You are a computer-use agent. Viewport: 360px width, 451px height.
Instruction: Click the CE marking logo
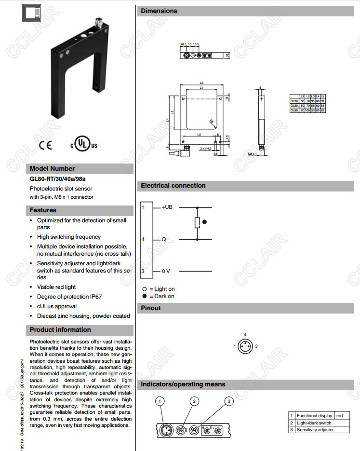[x=45, y=145]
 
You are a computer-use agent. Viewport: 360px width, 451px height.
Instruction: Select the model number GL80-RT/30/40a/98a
[x=58, y=179]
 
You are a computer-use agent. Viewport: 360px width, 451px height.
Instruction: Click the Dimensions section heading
[x=159, y=11]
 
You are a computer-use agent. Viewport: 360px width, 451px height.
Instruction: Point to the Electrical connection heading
[x=173, y=186]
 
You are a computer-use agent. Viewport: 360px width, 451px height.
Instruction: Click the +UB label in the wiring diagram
[x=167, y=207]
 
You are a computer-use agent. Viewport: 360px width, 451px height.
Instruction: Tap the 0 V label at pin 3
[x=166, y=272]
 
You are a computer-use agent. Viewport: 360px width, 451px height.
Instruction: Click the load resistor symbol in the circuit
[x=197, y=222]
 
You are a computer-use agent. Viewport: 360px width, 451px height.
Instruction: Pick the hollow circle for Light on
[x=144, y=289]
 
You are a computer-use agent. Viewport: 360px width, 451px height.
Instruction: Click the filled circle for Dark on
[x=144, y=296]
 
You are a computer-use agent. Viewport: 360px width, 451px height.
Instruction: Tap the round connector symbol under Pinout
[x=245, y=346]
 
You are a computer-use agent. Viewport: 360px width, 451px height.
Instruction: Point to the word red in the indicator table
[x=339, y=416]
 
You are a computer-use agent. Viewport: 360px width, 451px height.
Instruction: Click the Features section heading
[x=43, y=210]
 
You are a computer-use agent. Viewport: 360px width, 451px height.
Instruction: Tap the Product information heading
[x=60, y=330]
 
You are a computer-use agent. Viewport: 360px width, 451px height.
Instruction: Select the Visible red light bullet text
[x=56, y=287]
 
